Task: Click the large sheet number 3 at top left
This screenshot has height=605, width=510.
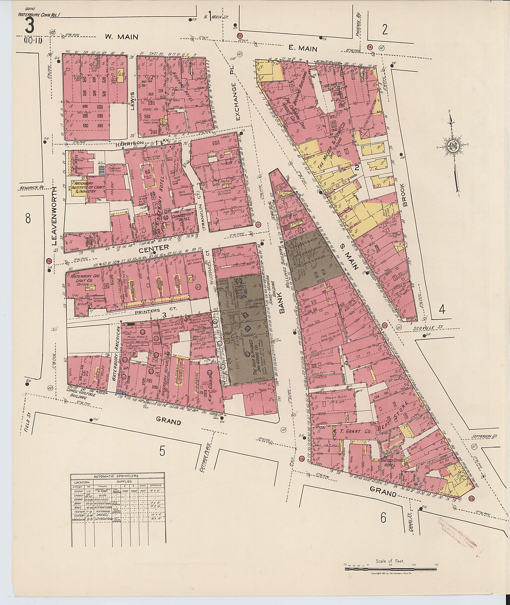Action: point(30,26)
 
